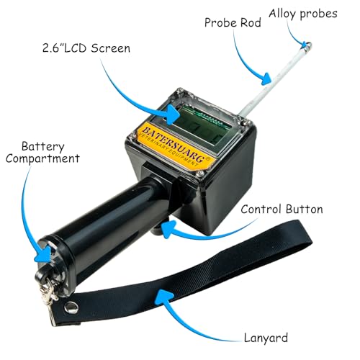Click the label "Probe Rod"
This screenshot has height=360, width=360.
233,23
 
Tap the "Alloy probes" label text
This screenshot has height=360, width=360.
303,14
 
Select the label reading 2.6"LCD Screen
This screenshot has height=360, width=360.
86,48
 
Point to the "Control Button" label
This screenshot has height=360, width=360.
282,210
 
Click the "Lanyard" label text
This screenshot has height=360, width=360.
266,338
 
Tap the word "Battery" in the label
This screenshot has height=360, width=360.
43,146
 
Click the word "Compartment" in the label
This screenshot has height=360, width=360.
42,158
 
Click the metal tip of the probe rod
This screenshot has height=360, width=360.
306,46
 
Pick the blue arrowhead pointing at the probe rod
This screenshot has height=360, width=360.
266,78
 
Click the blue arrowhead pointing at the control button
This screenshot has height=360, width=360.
168,229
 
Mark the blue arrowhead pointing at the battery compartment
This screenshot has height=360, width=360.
43,254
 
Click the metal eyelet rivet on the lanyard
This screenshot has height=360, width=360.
71,307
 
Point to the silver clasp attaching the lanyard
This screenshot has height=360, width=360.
48,293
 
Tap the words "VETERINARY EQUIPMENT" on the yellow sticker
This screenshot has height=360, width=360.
168,150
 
